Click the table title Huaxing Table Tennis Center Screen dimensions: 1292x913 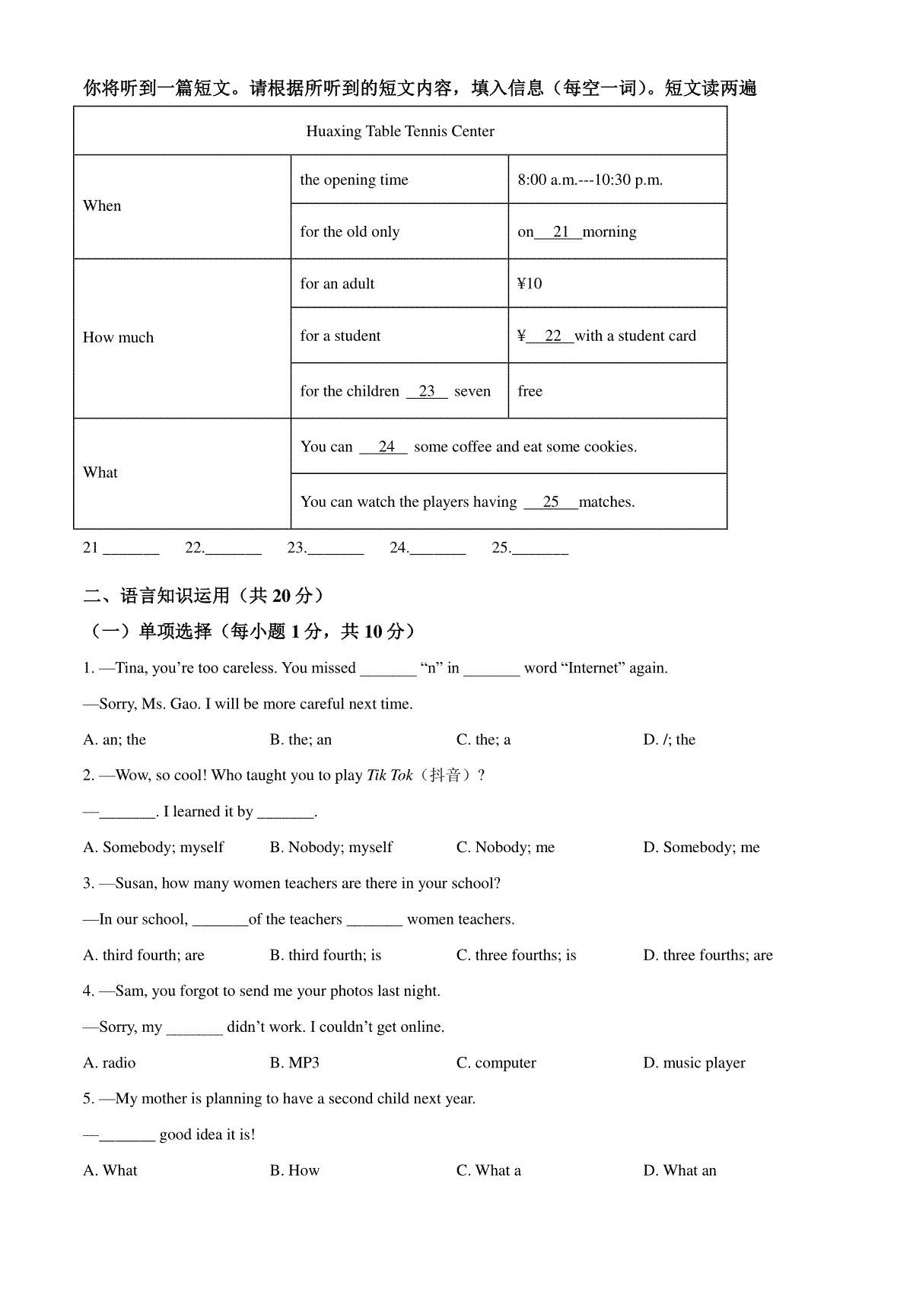coord(400,132)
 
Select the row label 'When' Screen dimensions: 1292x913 coord(102,206)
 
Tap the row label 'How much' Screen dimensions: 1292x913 coord(118,338)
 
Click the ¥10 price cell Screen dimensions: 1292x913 coord(530,284)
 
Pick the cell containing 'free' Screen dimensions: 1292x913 coord(530,392)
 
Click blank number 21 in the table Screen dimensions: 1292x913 coord(561,232)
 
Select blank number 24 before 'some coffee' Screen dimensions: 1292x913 coord(386,447)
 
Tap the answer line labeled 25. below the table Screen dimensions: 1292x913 coord(539,549)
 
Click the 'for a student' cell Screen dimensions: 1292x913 coord(340,336)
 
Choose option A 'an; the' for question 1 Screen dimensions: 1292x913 coord(115,740)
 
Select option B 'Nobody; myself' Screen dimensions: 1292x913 coord(331,848)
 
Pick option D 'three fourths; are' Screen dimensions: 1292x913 coord(708,956)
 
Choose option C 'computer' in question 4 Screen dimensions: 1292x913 coord(496,1063)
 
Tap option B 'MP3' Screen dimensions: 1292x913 coord(294,1063)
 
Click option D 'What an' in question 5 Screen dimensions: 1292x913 coord(679,1171)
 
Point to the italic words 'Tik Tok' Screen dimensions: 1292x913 coord(390,776)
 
